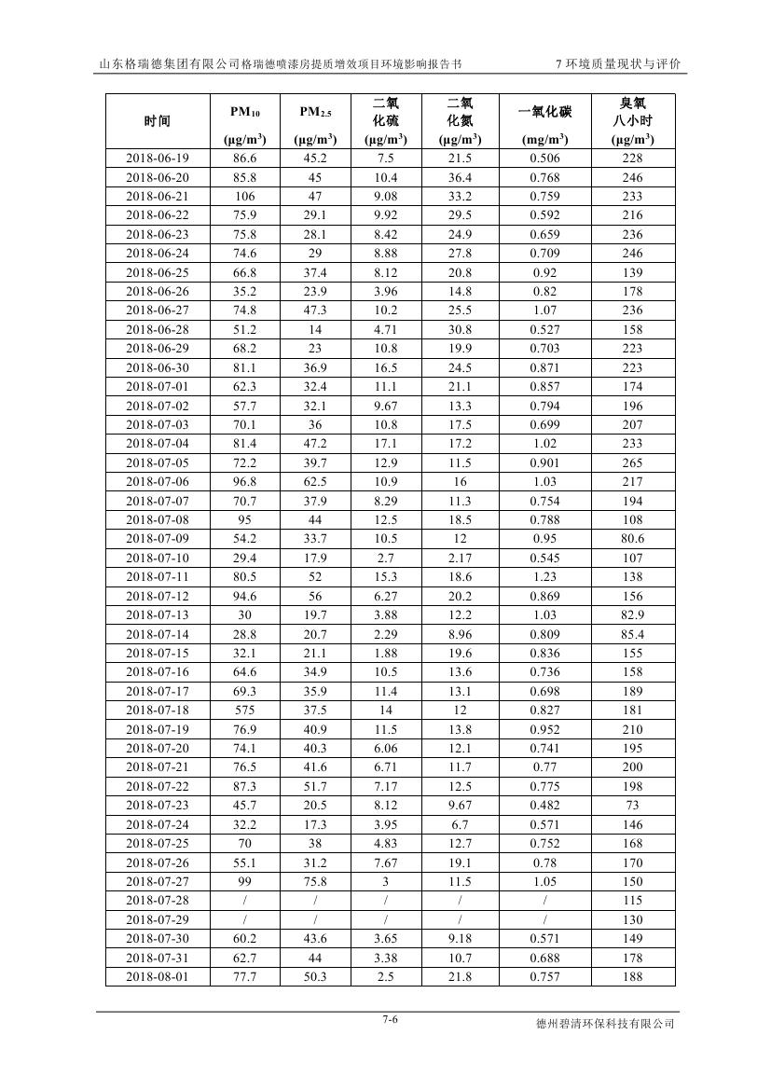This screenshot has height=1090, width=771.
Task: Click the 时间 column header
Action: tap(157, 121)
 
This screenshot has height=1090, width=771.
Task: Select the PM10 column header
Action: tap(245, 113)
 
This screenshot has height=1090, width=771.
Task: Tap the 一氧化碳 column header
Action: tap(544, 113)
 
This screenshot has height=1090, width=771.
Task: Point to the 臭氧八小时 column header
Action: tap(633, 112)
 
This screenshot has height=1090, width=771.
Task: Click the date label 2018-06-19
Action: tap(157, 159)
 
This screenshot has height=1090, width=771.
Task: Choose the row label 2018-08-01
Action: tap(157, 976)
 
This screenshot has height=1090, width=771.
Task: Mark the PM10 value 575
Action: tap(245, 711)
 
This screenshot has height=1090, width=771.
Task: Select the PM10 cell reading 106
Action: tap(245, 197)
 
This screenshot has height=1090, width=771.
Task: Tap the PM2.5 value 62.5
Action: tap(315, 481)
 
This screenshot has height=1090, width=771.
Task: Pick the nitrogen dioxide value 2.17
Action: tap(460, 558)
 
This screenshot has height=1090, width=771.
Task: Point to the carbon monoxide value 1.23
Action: tap(544, 577)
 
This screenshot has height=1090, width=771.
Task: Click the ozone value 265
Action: tap(633, 462)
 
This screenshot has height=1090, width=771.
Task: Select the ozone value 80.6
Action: tap(633, 539)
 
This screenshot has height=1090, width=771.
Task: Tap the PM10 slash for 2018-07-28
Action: tap(245, 901)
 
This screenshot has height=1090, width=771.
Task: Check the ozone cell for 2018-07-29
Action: tap(633, 919)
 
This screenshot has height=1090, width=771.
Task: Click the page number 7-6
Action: tap(390, 1019)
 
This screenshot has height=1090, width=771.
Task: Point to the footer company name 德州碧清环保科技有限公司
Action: tap(605, 1024)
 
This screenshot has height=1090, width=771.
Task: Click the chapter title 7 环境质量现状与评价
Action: tap(617, 64)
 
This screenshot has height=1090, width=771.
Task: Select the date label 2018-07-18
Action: tap(157, 711)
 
